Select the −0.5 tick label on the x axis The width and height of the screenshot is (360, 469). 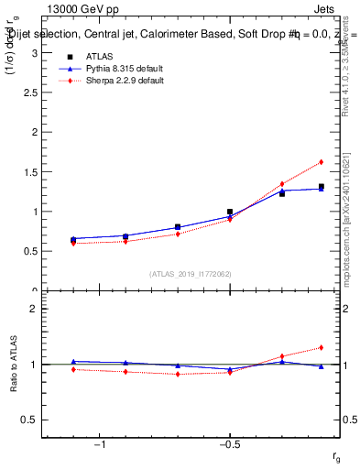229,444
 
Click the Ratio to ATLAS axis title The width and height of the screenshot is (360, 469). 14,364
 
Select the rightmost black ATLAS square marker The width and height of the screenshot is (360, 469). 322,186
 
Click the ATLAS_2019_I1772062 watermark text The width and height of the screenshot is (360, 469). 191,274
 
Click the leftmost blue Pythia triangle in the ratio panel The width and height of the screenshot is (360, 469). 73,362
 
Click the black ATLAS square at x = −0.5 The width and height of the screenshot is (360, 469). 230,212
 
